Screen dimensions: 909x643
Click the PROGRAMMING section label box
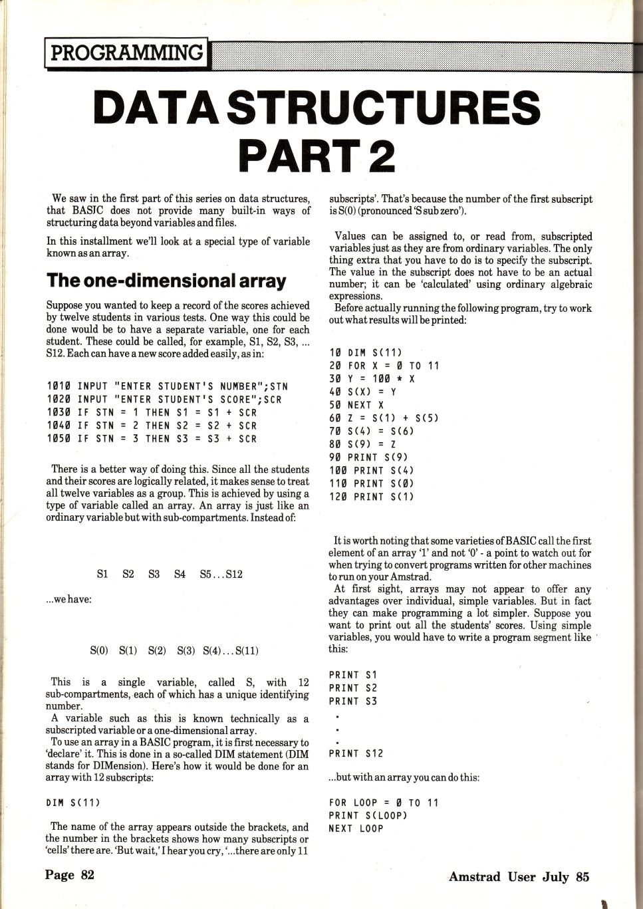click(x=126, y=53)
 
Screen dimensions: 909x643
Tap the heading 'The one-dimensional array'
click(x=166, y=281)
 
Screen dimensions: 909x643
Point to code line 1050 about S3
click(x=152, y=439)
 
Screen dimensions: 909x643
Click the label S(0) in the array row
click(x=98, y=651)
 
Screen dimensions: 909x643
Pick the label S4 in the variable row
click(x=180, y=574)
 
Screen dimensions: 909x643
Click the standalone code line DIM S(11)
click(x=73, y=803)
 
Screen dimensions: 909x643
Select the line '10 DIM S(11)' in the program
click(x=366, y=352)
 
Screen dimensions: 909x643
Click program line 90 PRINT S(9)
click(x=368, y=457)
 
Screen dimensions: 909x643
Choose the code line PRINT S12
click(x=356, y=753)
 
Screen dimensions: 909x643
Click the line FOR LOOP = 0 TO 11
click(x=384, y=803)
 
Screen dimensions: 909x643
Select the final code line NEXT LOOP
click(x=356, y=829)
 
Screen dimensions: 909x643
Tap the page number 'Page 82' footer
click(x=70, y=874)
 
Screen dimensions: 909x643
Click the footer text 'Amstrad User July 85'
click(x=519, y=876)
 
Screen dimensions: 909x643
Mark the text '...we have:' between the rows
click(x=68, y=599)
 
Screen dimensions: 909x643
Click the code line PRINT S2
click(x=352, y=688)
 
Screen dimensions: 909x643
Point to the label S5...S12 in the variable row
click(x=221, y=574)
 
